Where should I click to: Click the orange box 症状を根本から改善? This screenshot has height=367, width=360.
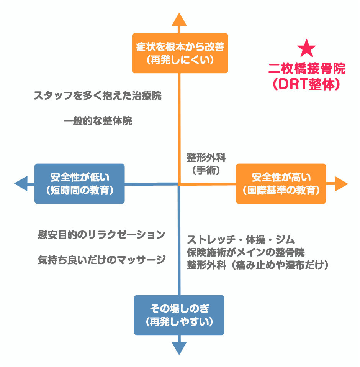180,53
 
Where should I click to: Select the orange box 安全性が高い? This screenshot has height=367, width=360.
281,183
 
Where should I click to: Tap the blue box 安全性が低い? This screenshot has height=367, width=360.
80,183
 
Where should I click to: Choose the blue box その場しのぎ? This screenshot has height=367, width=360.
179,315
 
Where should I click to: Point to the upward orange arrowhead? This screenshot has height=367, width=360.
179,19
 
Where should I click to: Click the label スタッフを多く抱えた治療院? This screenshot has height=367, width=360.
98,95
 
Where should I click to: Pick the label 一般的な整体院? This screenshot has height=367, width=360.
98,121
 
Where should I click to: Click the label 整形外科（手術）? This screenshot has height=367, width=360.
206,164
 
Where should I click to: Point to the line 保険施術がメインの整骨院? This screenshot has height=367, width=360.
246,252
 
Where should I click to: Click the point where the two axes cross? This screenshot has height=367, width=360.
179,184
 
